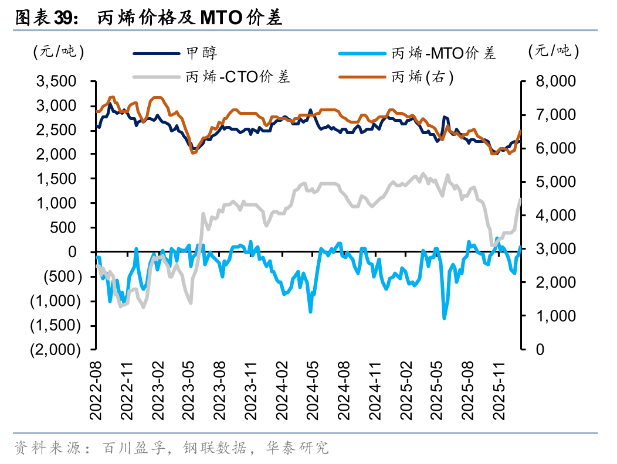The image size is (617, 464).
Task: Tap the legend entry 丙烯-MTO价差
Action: click(x=443, y=53)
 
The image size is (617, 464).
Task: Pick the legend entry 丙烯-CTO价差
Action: click(x=238, y=77)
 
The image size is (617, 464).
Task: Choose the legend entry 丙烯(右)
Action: click(x=422, y=77)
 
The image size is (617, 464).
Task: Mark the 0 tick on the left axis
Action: click(x=74, y=252)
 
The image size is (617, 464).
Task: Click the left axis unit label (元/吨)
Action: click(x=59, y=52)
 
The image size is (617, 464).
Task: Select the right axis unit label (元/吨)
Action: click(x=552, y=52)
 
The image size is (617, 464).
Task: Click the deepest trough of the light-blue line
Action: click(x=444, y=318)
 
